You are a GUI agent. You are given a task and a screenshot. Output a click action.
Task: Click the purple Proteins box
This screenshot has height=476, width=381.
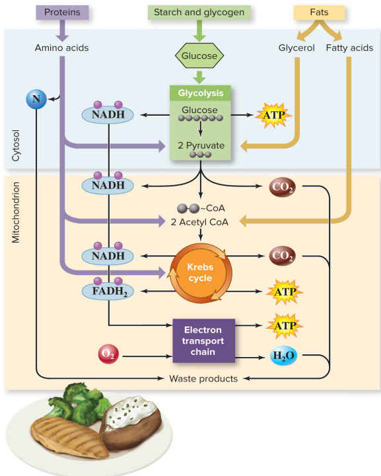[x=63, y=13]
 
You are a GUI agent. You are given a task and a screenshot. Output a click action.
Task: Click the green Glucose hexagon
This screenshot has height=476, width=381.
[x=199, y=56]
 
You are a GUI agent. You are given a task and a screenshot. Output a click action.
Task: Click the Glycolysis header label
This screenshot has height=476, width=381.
[x=200, y=93]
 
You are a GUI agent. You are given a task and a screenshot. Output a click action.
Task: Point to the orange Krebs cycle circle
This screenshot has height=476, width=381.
[x=199, y=272]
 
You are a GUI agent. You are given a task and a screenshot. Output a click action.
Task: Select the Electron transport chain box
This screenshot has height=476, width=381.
[x=203, y=341]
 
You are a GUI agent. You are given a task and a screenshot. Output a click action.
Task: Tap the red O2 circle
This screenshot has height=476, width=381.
[x=108, y=355]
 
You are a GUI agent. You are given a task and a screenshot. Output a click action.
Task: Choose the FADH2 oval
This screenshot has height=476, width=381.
[x=108, y=290]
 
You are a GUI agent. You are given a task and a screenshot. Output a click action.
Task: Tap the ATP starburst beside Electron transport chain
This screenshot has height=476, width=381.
[x=284, y=325]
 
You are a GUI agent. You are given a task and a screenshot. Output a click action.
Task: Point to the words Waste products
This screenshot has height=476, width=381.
[x=199, y=378]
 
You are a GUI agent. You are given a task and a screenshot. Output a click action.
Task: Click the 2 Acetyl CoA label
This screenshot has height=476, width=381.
[x=199, y=222]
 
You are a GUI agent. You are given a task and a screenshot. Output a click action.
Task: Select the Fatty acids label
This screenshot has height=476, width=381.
[x=349, y=48]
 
